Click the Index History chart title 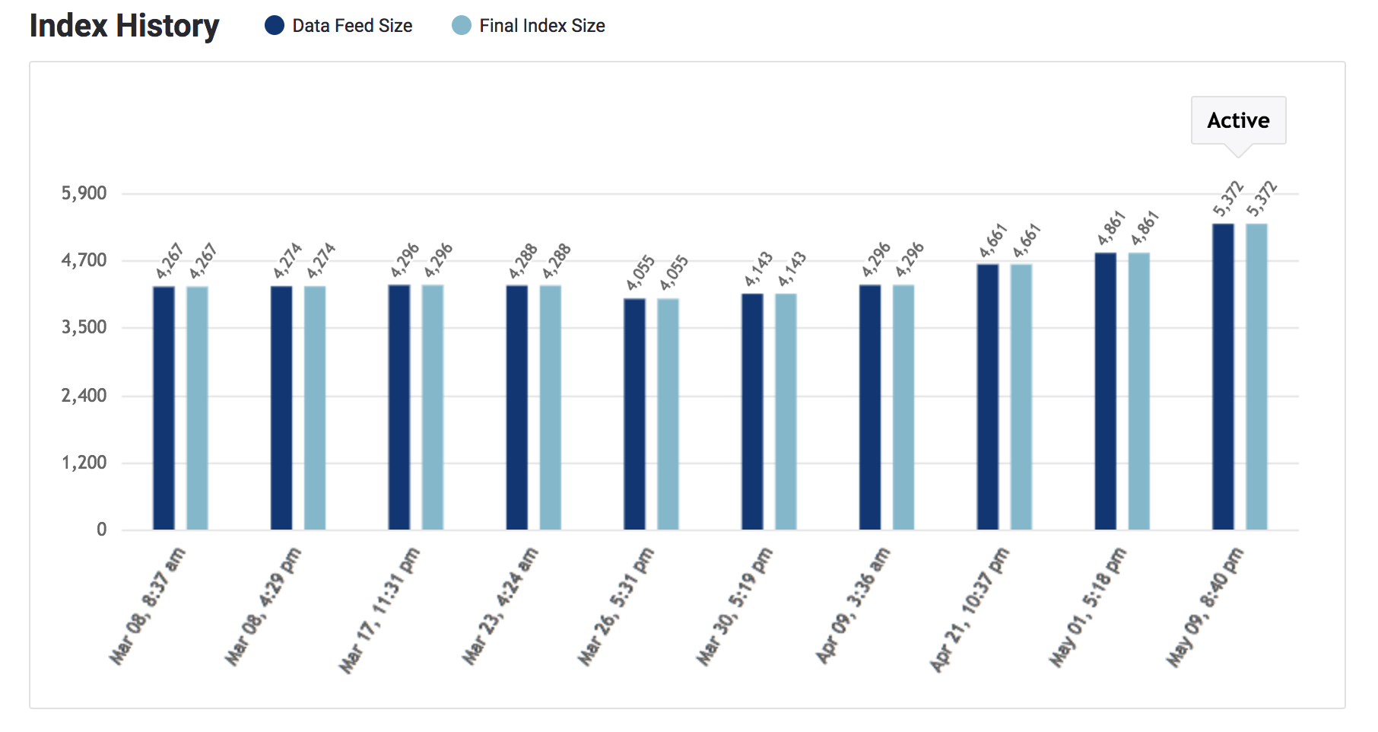tap(124, 26)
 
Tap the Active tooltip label tap(1238, 120)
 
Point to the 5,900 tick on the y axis tap(84, 193)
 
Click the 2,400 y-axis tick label tap(84, 395)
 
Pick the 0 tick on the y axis tap(101, 530)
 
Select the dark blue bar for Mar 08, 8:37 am tap(164, 408)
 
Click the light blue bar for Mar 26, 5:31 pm tap(668, 414)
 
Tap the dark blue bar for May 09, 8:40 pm tap(1223, 377)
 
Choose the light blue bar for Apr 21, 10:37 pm tap(1021, 396)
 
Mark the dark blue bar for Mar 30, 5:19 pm tap(752, 412)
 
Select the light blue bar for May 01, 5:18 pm tap(1138, 391)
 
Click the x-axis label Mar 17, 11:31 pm tap(379, 610)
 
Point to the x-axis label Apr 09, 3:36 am tap(853, 606)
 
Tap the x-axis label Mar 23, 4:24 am tap(500, 606)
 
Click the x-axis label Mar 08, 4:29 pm tap(263, 606)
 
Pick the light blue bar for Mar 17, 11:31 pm tap(433, 407)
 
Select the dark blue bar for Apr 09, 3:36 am tap(870, 407)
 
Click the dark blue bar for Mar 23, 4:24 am tap(517, 407)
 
